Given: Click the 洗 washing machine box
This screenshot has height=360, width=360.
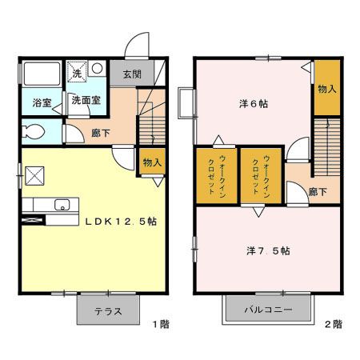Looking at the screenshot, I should click(78, 70).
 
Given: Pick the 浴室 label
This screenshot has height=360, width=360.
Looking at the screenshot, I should click(42, 103).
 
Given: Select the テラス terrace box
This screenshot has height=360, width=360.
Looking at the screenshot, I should click(108, 311).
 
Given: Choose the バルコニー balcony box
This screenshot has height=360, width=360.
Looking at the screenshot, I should click(270, 310).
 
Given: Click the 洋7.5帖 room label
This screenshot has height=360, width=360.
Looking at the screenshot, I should click(268, 250).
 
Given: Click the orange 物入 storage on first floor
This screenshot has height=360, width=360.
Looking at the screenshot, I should click(152, 162).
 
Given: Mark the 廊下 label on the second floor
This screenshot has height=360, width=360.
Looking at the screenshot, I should click(318, 192).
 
